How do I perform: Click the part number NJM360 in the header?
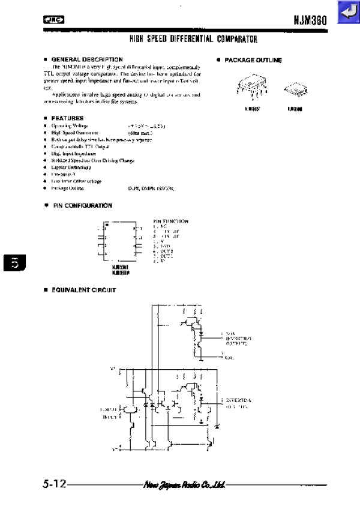click(x=310, y=20)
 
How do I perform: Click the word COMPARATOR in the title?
click(x=235, y=40)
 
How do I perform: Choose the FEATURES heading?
click(x=67, y=118)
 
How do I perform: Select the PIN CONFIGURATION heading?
click(x=81, y=205)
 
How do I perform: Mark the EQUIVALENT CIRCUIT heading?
click(x=83, y=290)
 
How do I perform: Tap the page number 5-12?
click(x=54, y=483)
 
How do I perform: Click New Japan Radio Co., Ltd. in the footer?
click(x=184, y=484)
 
